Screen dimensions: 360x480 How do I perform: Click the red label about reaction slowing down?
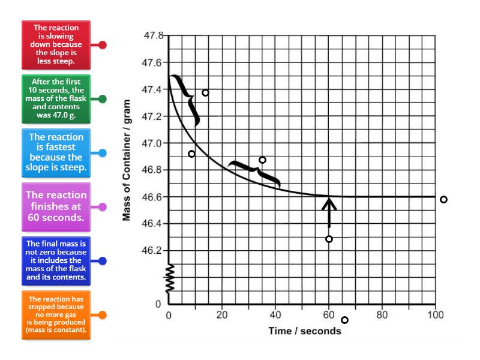click(x=56, y=44)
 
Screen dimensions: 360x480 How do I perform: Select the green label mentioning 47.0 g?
click(x=56, y=98)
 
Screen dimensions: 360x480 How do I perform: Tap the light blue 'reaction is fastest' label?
click(x=56, y=152)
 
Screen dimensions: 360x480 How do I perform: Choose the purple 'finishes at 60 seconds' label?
click(x=56, y=206)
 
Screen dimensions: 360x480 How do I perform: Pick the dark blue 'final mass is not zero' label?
click(x=56, y=261)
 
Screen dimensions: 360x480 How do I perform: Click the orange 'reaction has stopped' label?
click(x=56, y=314)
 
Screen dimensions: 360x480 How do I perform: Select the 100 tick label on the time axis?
click(x=436, y=314)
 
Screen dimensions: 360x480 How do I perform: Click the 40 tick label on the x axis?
click(x=275, y=314)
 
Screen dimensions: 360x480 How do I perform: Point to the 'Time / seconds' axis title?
click(x=305, y=331)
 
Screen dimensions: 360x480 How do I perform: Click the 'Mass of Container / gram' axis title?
click(x=127, y=169)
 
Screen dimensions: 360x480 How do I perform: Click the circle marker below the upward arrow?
click(x=329, y=239)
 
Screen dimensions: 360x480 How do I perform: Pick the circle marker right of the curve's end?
click(x=443, y=199)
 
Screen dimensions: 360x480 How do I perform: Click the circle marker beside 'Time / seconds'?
click(x=344, y=320)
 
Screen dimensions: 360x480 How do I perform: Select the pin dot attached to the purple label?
click(x=103, y=207)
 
